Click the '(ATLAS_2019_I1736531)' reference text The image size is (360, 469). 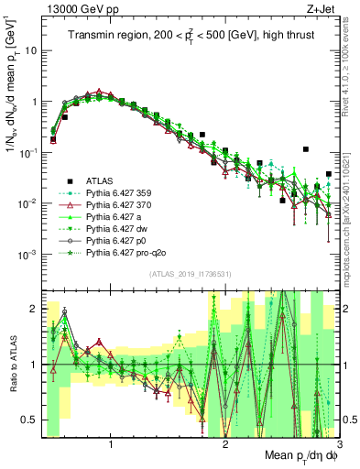point(190,274)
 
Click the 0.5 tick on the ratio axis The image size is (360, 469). point(29,420)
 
